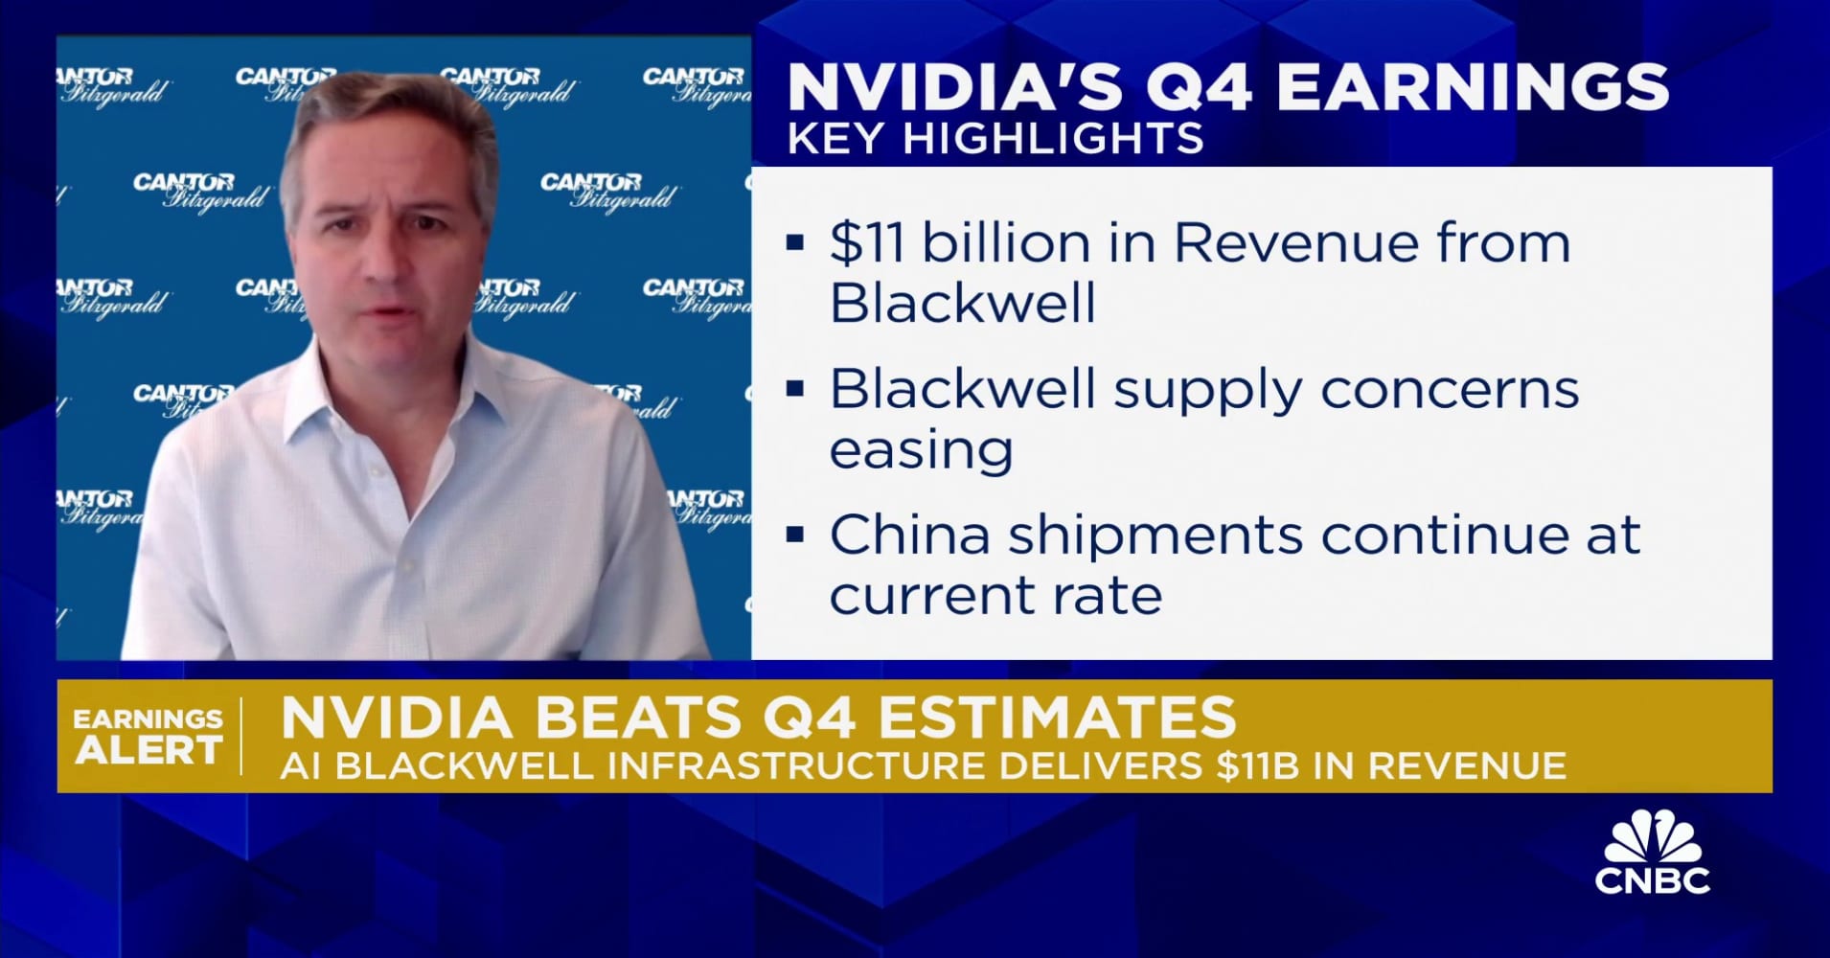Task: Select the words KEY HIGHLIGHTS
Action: click(995, 139)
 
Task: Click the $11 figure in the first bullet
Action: click(866, 243)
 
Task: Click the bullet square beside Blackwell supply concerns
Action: click(794, 390)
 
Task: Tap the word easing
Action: click(921, 450)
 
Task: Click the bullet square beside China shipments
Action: click(794, 536)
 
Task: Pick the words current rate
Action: click(995, 596)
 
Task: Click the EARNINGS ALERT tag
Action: click(149, 736)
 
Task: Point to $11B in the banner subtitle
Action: click(1258, 766)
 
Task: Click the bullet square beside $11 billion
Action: click(794, 243)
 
